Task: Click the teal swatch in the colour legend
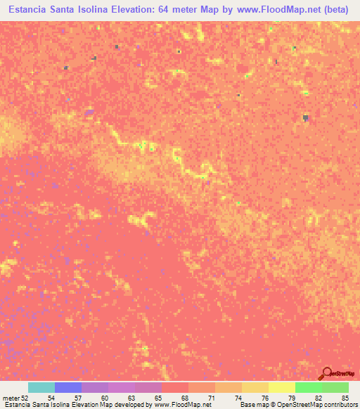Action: pyautogui.click(x=41, y=387)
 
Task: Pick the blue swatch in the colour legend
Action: pyautogui.click(x=68, y=387)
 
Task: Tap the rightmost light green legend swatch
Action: pyautogui.click(x=335, y=387)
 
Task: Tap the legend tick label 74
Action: pyautogui.click(x=237, y=398)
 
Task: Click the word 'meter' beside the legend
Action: pyautogui.click(x=11, y=398)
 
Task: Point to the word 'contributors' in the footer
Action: pyautogui.click(x=338, y=405)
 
